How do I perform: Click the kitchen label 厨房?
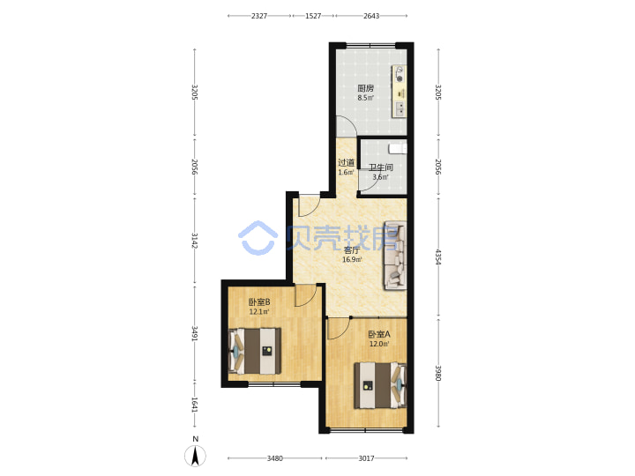pos(365,88)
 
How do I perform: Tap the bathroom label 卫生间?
pos(381,167)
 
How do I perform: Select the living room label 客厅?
pos(352,250)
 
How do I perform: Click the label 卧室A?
pos(379,334)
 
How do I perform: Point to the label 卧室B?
pos(259,302)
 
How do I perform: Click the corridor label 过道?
pos(347,163)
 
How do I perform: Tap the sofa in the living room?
pos(395,256)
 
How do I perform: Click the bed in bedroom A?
pos(380,385)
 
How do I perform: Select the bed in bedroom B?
pos(255,351)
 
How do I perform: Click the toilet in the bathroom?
pos(397,149)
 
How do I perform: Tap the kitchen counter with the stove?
pos(399,92)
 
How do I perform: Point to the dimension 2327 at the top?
pos(259,16)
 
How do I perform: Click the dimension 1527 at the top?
pos(313,16)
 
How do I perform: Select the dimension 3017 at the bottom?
pos(366,458)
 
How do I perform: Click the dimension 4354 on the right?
pos(437,257)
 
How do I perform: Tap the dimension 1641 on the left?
pos(194,405)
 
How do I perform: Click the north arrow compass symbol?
pos(195,456)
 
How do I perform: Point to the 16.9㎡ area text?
pos(352,259)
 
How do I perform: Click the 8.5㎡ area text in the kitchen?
pos(365,98)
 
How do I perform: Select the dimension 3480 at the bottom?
pos(274,458)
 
